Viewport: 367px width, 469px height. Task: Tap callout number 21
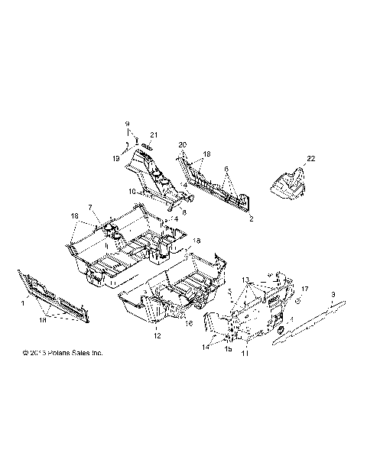[x=153, y=135]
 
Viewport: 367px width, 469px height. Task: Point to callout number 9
[x=128, y=124]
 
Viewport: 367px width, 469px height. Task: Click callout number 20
[x=182, y=144]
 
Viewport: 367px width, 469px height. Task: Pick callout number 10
[x=132, y=191]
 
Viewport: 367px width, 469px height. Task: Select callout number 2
[x=251, y=217]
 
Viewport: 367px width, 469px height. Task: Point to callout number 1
[x=22, y=304]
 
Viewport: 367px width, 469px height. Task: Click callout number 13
[x=247, y=280]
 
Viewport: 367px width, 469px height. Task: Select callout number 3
[x=333, y=293]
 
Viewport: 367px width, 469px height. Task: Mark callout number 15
[x=227, y=348]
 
